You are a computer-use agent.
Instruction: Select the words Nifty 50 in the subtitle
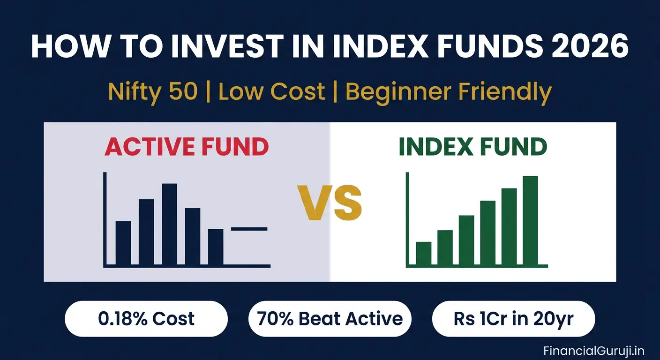click(x=152, y=92)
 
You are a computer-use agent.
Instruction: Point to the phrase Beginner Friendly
click(x=449, y=92)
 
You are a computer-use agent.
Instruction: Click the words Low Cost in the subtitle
click(x=271, y=92)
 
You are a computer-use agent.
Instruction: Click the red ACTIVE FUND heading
click(x=187, y=147)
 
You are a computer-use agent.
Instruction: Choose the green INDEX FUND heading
click(x=472, y=147)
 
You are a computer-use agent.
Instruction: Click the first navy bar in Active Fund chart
click(x=123, y=243)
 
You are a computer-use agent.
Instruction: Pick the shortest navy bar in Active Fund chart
click(x=216, y=247)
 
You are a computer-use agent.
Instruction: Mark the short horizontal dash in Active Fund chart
click(x=249, y=229)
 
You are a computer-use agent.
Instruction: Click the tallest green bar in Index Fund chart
click(x=530, y=220)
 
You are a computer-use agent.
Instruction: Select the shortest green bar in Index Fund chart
click(x=423, y=253)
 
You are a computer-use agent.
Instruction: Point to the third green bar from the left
click(x=466, y=240)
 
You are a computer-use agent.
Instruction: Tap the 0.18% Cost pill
click(x=146, y=319)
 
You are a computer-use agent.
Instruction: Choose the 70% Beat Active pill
click(x=330, y=319)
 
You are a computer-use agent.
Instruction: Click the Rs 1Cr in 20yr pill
click(x=513, y=319)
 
